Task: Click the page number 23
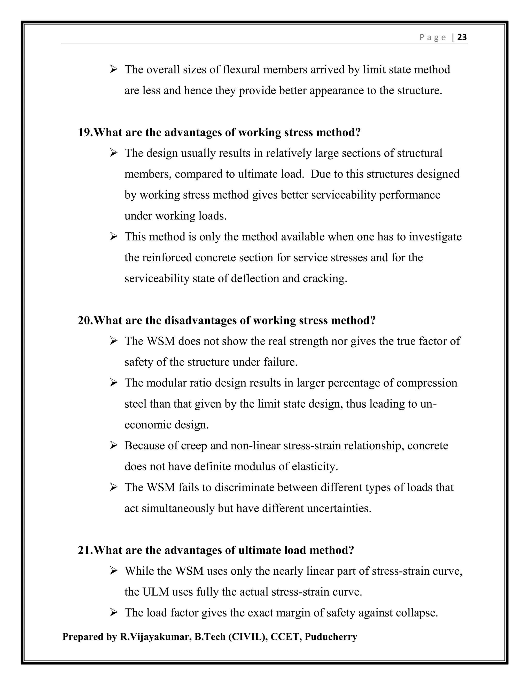pyautogui.click(x=462, y=37)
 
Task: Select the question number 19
pyautogui.click(x=85, y=132)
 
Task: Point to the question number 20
pyautogui.click(x=85, y=320)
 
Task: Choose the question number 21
pyautogui.click(x=85, y=550)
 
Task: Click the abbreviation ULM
pyautogui.click(x=156, y=592)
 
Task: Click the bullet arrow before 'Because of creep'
pyautogui.click(x=113, y=445)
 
